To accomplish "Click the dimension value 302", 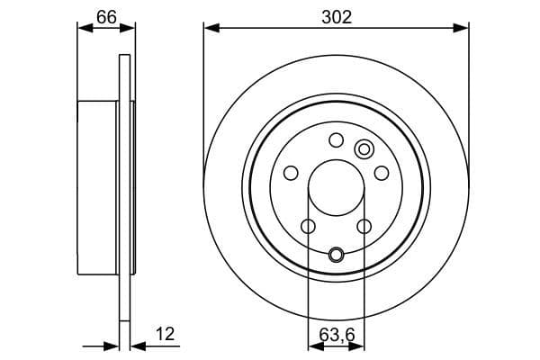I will click(x=336, y=15).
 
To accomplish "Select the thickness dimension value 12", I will click(x=166, y=335).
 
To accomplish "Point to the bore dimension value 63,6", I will click(x=336, y=336).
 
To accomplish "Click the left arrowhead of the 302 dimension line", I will click(x=210, y=28).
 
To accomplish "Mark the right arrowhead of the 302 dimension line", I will click(x=463, y=28).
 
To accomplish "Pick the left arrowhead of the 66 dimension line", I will click(x=84, y=28).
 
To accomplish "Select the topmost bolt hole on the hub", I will click(x=337, y=139).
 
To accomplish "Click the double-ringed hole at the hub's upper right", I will click(x=364, y=148).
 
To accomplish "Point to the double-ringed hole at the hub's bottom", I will click(x=337, y=254).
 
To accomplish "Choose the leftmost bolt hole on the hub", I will click(x=291, y=173).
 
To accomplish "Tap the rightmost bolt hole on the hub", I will click(x=382, y=173).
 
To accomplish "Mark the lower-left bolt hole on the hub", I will click(x=308, y=226).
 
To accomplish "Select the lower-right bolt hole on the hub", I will click(x=364, y=226).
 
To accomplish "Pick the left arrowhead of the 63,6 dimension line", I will click(x=313, y=345).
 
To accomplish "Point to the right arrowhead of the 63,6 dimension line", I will click(x=359, y=345).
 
